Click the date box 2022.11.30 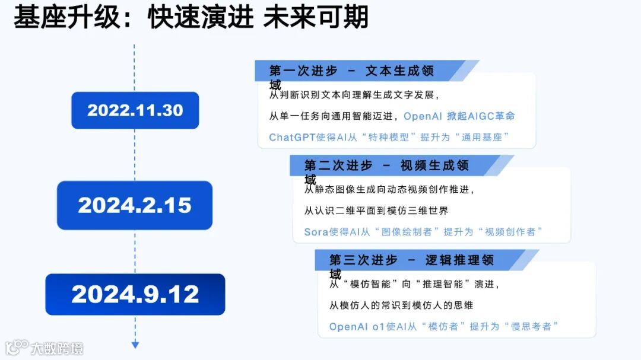pos(135,110)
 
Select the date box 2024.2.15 pos(135,205)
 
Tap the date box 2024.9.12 pos(135,294)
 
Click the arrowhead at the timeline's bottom pos(135,345)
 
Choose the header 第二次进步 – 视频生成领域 pos(386,165)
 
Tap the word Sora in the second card pos(316,232)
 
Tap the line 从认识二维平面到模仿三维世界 pos(376,211)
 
